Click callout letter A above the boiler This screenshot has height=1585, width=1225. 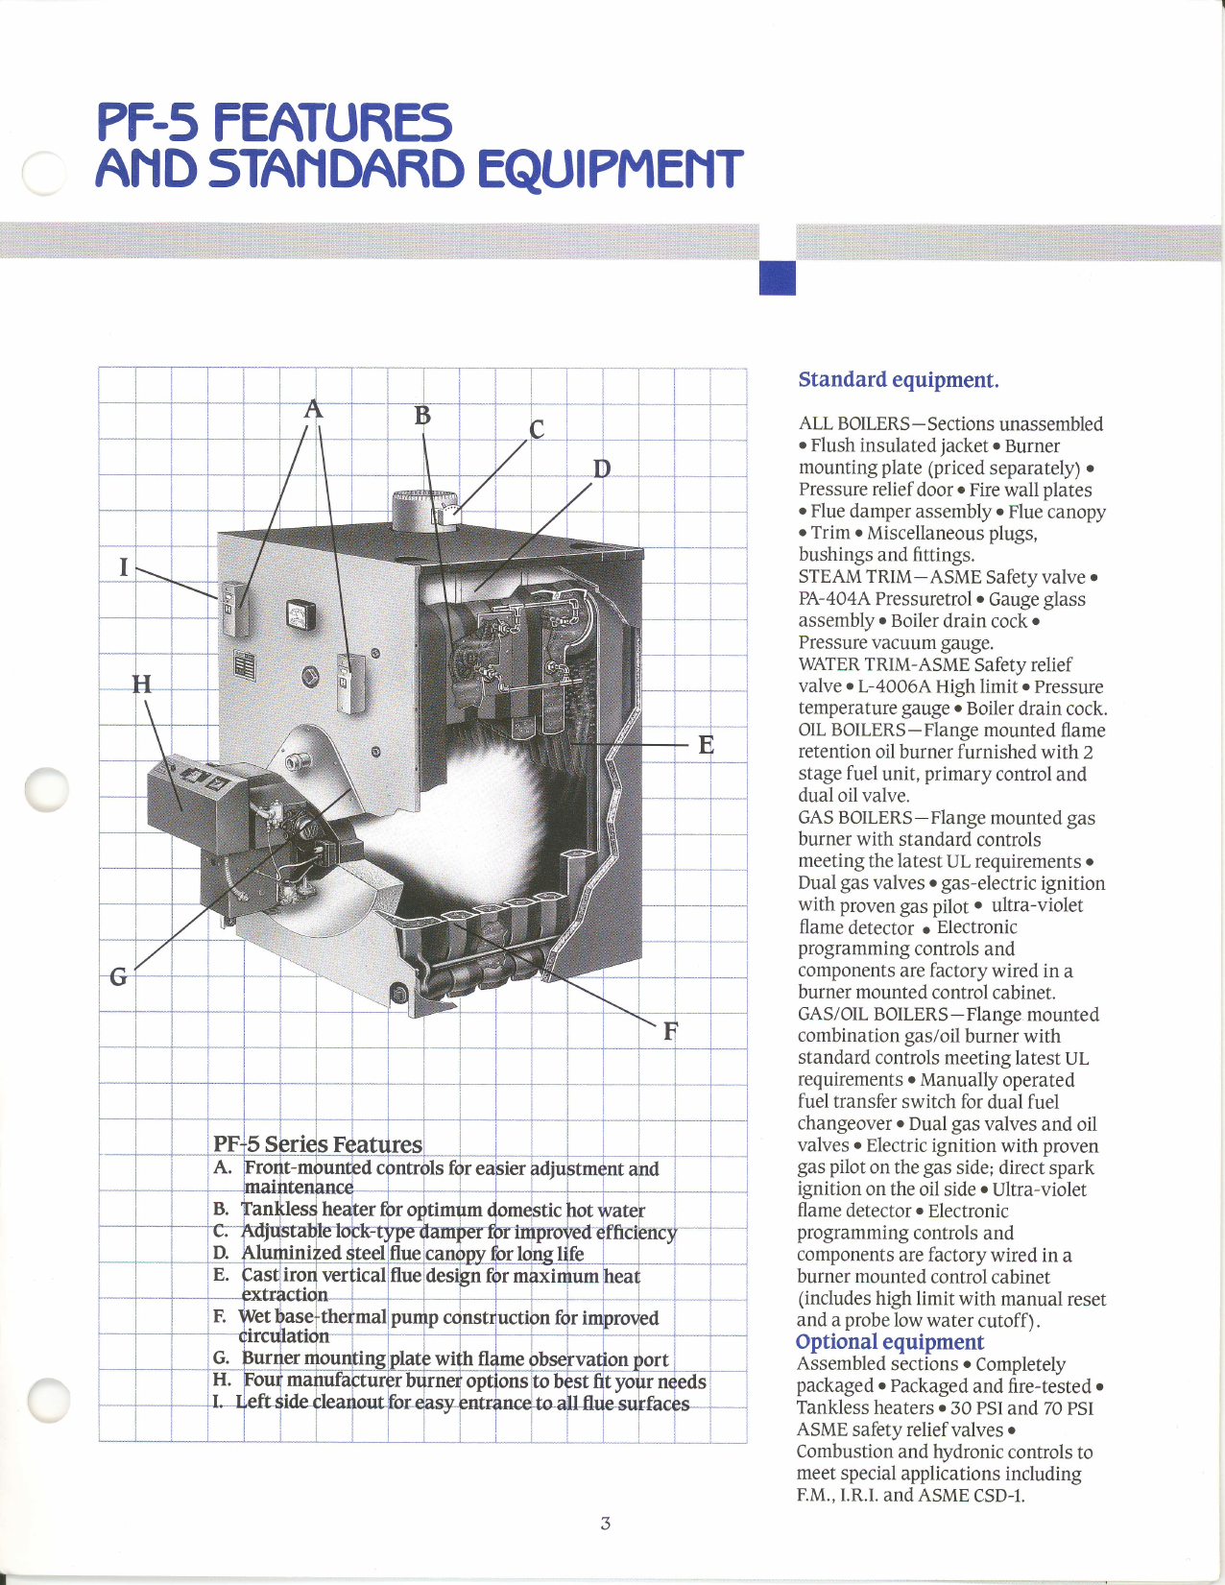point(313,410)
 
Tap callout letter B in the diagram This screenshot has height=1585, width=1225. point(422,416)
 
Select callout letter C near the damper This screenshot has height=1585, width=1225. point(537,429)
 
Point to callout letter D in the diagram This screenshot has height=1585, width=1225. point(601,468)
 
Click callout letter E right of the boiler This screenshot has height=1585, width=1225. point(706,745)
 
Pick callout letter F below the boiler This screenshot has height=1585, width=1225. point(670,1031)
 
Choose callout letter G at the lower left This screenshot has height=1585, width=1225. point(118,976)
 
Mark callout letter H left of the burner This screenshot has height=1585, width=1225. point(141,684)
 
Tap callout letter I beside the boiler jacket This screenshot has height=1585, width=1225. point(123,566)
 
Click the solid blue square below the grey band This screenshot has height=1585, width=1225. point(777,277)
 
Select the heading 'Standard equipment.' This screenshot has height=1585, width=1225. point(898,379)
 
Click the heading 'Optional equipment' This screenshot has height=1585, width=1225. point(889,1341)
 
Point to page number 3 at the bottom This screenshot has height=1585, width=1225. point(605,1523)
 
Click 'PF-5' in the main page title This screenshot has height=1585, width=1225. point(147,123)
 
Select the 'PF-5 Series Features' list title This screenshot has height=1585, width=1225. point(317,1143)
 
